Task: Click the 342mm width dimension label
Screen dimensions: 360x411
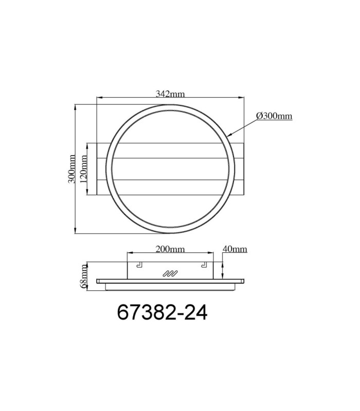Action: pos(170,94)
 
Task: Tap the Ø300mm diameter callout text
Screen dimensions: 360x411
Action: pos(274,116)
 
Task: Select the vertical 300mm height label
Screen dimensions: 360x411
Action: pos(71,169)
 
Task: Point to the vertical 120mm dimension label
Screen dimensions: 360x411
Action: pos(83,169)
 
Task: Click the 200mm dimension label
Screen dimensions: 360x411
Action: pos(170,249)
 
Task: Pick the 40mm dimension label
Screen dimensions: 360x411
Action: pos(235,249)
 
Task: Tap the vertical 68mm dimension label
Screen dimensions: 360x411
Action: pos(83,276)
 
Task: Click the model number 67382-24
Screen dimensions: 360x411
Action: pos(162,312)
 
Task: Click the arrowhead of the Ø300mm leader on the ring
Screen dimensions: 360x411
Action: pos(229,135)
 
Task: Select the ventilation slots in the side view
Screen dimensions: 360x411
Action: pos(170,273)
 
